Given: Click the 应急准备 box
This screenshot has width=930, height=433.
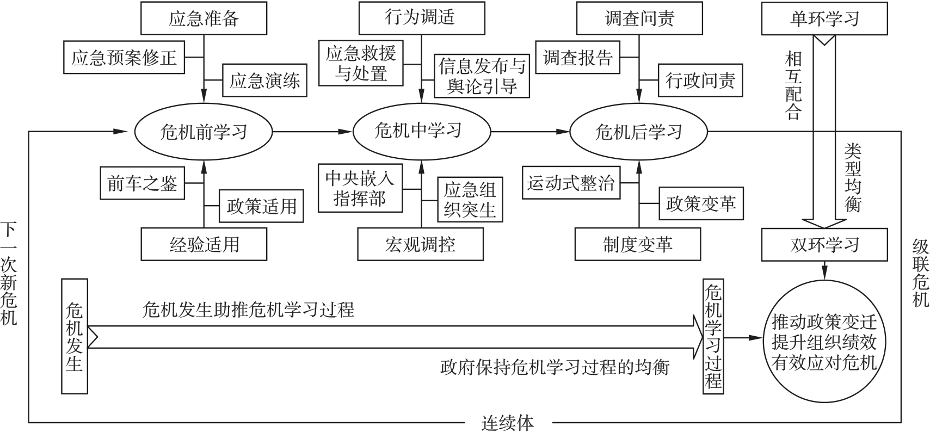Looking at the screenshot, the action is [x=204, y=18].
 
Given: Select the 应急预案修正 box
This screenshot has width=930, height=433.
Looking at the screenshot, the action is [x=124, y=57].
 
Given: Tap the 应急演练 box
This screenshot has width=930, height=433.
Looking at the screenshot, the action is [x=264, y=80].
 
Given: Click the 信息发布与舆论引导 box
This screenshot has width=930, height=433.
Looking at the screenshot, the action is [x=482, y=76].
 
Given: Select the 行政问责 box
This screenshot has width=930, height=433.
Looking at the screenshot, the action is [x=700, y=80].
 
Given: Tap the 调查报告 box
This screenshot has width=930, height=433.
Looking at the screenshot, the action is [x=577, y=57].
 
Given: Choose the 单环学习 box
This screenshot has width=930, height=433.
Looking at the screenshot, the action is [x=824, y=18].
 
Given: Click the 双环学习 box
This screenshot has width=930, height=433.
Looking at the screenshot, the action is [x=824, y=245].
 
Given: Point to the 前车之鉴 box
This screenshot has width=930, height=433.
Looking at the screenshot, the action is [x=142, y=183].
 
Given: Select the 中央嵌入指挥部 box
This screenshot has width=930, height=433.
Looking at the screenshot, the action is [x=360, y=188].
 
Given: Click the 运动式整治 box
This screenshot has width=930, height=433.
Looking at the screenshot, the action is [x=571, y=183].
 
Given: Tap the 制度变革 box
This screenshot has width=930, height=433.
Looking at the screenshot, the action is [x=638, y=244].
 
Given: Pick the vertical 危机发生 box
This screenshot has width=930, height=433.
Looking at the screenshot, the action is [x=75, y=336].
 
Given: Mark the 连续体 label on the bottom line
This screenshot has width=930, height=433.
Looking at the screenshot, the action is [x=508, y=423].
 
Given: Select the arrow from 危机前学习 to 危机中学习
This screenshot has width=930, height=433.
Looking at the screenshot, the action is [x=312, y=132].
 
